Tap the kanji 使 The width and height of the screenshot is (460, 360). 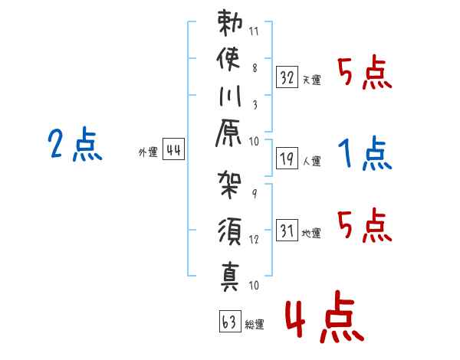pos(228,61)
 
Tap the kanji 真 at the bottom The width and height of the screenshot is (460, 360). pos(228,273)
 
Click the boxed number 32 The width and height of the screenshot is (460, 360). pos(287,78)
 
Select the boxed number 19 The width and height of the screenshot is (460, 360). pos(287,159)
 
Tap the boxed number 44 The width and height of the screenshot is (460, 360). pos(173,151)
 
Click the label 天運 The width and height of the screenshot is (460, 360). pos(312,80)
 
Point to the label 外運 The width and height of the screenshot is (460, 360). pos(148,152)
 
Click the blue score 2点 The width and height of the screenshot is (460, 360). pos(74,145)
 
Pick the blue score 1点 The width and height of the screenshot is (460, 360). pos(365,154)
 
